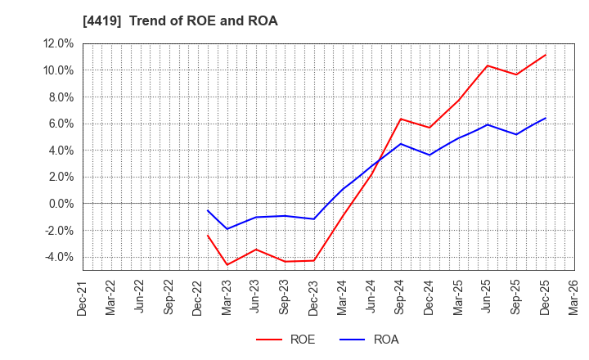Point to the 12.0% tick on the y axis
pyautogui.click(x=56, y=43)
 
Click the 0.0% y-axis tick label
pyautogui.click(x=59, y=204)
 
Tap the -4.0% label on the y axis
pyautogui.click(x=57, y=257)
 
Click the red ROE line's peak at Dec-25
pyautogui.click(x=545, y=55)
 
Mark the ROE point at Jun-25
pyautogui.click(x=487, y=65)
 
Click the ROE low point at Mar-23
pyautogui.click(x=227, y=264)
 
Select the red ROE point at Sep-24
pyautogui.click(x=400, y=119)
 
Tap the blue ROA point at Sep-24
pyautogui.click(x=400, y=144)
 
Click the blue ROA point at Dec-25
pyautogui.click(x=545, y=118)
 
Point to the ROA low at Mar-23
pyautogui.click(x=227, y=229)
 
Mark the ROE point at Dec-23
pyautogui.click(x=313, y=261)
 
